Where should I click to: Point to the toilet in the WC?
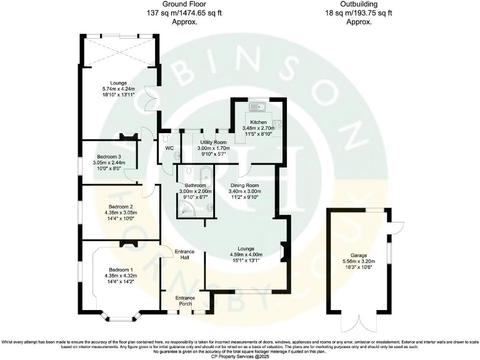177,156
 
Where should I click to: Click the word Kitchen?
259,122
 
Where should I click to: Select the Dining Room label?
244,186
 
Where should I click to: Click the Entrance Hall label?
184,254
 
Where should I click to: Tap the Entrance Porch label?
185,301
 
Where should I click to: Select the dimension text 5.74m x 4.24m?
119,89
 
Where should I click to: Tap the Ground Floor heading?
185,5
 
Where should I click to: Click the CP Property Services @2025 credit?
240,356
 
